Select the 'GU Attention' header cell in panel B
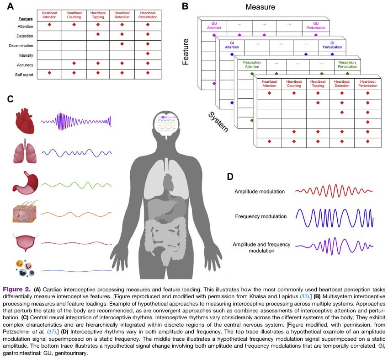coord(213,25)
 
